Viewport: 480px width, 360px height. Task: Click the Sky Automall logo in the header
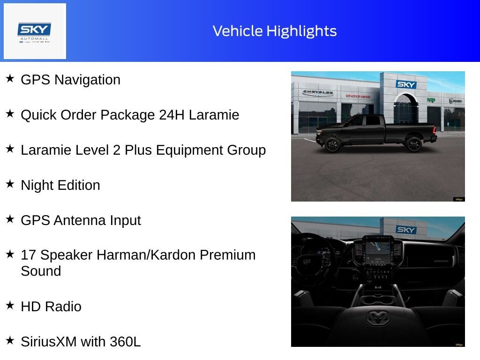(x=35, y=31)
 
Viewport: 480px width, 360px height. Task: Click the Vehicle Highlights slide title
(x=275, y=31)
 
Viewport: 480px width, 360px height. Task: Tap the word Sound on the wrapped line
(x=41, y=271)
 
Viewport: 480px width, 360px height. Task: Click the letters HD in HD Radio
(x=30, y=307)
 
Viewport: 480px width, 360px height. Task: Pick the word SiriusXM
(x=48, y=342)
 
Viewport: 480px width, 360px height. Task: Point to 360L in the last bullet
(x=125, y=342)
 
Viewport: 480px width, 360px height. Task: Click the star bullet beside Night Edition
(x=10, y=184)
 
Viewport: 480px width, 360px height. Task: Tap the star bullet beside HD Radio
(x=10, y=305)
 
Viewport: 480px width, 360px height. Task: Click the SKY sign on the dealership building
(x=406, y=84)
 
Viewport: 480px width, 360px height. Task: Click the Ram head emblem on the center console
(x=378, y=318)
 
